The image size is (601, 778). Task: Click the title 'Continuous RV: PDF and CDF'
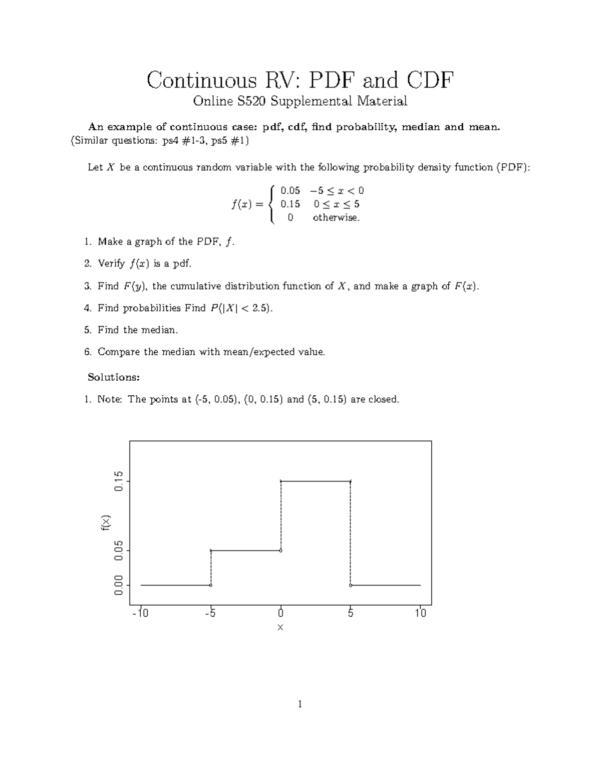300,80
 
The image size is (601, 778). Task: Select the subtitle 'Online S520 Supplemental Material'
300,102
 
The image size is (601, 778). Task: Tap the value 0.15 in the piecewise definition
290,204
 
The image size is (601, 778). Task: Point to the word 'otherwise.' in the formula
336,218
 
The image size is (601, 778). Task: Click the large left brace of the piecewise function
271,204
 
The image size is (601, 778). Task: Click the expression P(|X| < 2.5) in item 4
240,308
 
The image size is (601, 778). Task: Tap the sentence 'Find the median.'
138,330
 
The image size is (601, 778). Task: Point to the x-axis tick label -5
210,613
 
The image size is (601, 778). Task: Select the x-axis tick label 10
420,613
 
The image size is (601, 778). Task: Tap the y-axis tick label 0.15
118,481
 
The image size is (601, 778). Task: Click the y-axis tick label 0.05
118,551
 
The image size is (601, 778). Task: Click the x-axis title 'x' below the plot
280,628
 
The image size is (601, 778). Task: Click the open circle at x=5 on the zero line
351,585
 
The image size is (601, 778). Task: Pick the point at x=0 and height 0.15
280,481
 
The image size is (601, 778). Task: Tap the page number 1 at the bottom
299,705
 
